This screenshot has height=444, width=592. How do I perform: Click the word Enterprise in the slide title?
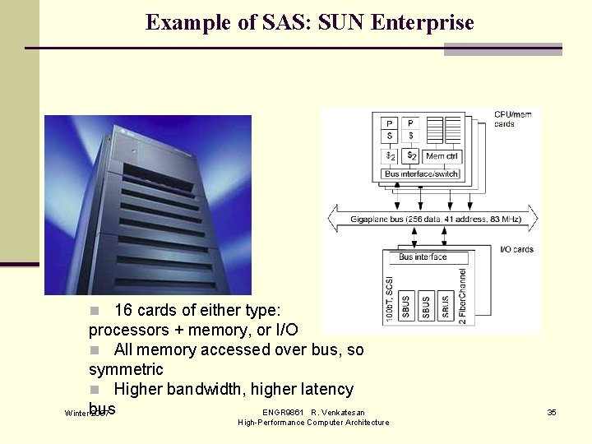[x=423, y=22]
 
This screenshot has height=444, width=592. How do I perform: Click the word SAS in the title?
[x=259, y=22]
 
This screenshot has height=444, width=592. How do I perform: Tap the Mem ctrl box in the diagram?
[x=442, y=156]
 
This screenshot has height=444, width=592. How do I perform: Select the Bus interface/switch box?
[x=422, y=174]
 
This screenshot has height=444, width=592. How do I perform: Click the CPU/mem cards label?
[x=512, y=119]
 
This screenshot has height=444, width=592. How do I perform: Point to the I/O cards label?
[x=516, y=249]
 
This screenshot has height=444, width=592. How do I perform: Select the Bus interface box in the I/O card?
[x=423, y=257]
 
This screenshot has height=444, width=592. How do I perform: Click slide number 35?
[x=552, y=412]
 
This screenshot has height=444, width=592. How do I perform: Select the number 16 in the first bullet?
[x=123, y=311]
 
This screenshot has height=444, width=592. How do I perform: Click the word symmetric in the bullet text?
[x=126, y=370]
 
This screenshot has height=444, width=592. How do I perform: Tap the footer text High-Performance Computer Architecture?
[x=313, y=423]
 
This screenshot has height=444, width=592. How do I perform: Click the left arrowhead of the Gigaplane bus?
[x=333, y=218]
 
